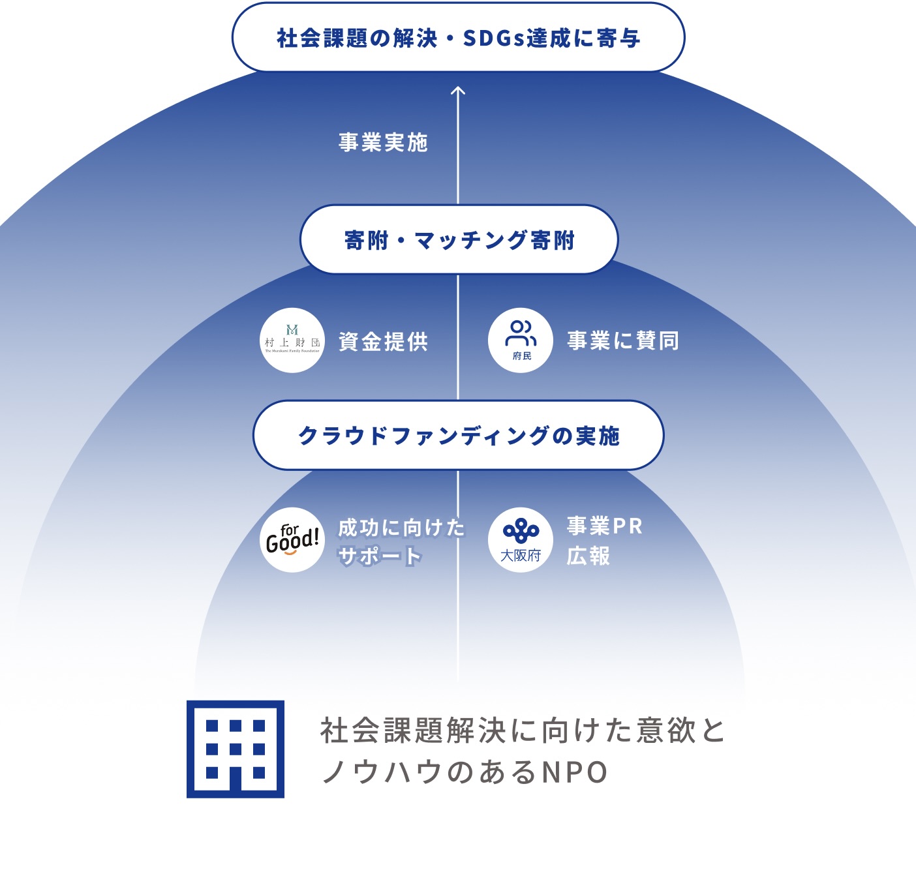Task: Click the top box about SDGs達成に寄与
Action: tap(458, 37)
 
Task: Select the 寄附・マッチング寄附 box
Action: tap(458, 240)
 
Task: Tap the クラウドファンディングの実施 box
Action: tap(458, 435)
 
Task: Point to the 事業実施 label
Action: tap(383, 142)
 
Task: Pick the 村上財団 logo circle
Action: tap(292, 340)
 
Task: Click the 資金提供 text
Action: tap(383, 341)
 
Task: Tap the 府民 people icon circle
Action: tap(521, 340)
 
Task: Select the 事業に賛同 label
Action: tap(623, 340)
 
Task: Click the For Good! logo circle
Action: tap(292, 540)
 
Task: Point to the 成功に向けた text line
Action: tap(401, 527)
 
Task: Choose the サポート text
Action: tap(380, 556)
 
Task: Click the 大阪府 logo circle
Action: tap(521, 540)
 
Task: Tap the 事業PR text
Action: tap(605, 526)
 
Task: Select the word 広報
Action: tap(588, 556)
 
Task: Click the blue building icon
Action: tap(236, 749)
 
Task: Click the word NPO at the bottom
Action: tap(575, 773)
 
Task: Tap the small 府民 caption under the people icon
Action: tap(522, 356)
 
